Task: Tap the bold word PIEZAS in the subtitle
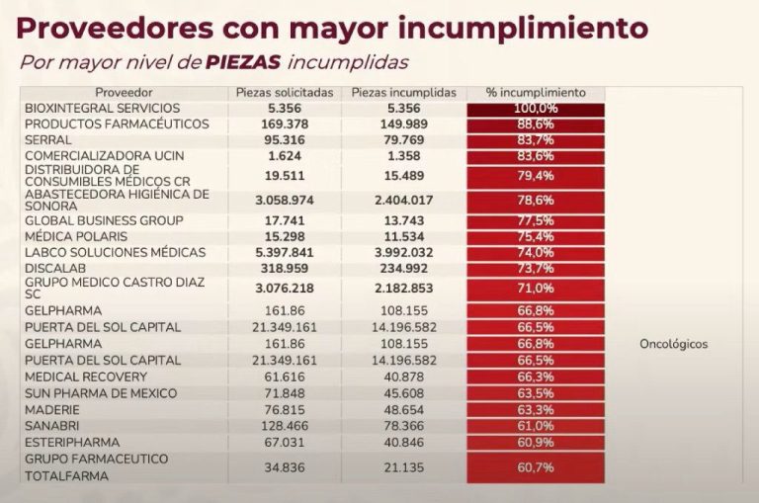[242, 62]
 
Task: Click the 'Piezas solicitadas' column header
[284, 92]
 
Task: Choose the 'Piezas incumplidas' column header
[403, 92]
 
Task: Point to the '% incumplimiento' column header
[535, 92]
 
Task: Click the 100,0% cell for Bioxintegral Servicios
[535, 108]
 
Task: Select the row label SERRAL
[46, 140]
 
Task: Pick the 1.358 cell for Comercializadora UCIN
[403, 156]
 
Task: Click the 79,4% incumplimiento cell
[535, 176]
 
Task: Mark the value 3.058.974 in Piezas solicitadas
[284, 200]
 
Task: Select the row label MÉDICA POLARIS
[77, 237]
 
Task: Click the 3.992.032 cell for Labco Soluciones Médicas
[403, 252]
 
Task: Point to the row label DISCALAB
[57, 268]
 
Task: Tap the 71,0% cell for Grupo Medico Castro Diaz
[535, 289]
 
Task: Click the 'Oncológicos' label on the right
[674, 345]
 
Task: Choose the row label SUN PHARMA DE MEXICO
[100, 393]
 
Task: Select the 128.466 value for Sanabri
[284, 425]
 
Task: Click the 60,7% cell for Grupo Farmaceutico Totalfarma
[535, 466]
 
